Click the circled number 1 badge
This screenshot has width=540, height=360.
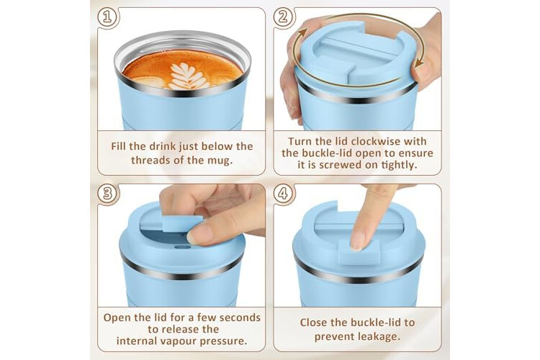tap(107, 17)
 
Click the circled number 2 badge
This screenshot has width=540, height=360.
tap(283, 17)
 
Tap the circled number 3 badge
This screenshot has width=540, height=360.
tap(107, 193)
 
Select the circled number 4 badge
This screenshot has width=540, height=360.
tap(283, 193)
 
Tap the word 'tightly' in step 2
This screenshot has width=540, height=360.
tap(400, 165)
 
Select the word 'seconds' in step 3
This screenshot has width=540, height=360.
tap(240, 318)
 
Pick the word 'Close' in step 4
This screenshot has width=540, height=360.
tap(313, 323)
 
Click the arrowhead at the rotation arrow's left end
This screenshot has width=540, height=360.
tap(302, 33)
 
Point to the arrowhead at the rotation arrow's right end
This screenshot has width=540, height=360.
tap(419, 63)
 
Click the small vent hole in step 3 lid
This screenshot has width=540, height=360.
tap(183, 247)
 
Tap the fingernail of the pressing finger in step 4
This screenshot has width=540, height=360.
tap(357, 240)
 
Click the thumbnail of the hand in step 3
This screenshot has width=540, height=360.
tap(199, 233)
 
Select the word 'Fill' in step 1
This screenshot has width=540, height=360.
tap(118, 146)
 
